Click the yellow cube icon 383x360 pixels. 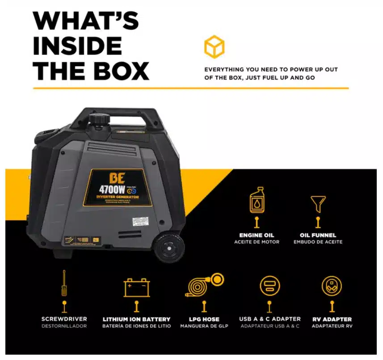(x=214, y=47)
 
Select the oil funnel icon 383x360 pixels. (x=318, y=204)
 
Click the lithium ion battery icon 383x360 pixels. (x=137, y=288)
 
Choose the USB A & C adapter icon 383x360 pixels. (x=269, y=286)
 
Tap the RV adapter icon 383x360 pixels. (x=332, y=286)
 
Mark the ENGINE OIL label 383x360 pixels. (x=257, y=235)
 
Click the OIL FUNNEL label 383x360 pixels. (x=318, y=235)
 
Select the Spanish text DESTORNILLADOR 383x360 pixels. (x=64, y=326)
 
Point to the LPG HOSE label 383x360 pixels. (x=204, y=319)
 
